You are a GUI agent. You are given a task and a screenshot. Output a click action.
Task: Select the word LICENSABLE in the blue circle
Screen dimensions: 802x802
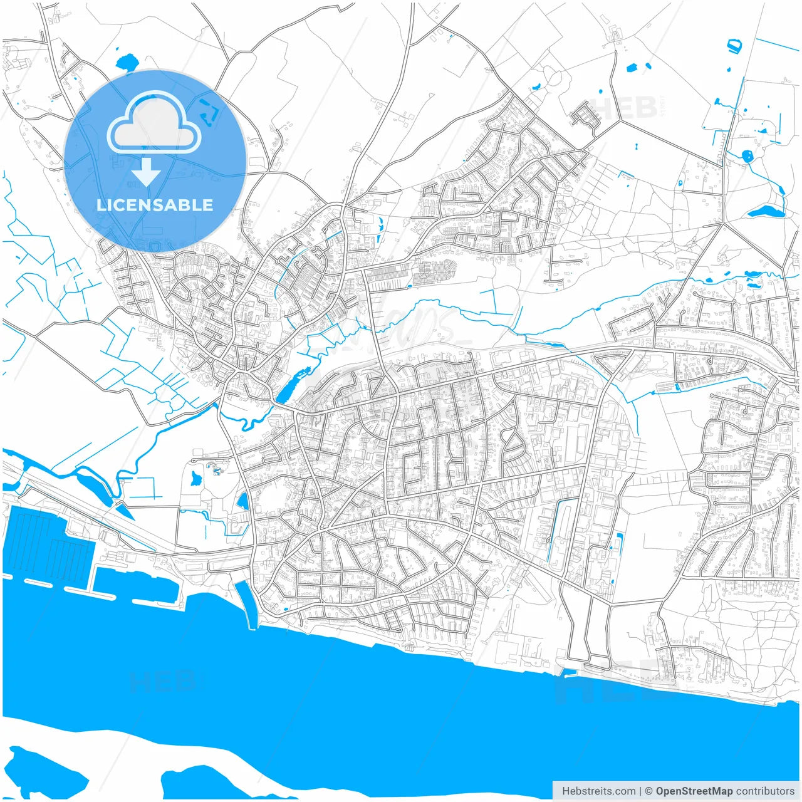point(155,205)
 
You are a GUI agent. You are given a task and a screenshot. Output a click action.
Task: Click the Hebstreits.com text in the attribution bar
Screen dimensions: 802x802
point(598,791)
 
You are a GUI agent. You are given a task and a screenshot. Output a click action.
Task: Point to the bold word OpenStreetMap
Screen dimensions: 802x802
point(694,791)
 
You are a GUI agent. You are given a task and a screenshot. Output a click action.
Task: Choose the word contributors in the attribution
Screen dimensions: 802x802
point(765,791)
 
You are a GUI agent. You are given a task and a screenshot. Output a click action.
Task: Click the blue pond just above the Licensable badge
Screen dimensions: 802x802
point(127,63)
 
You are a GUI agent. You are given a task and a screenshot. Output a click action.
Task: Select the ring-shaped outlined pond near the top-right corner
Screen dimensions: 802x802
point(733,46)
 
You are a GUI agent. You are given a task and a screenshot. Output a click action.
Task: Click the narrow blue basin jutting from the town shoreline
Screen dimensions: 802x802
point(246,601)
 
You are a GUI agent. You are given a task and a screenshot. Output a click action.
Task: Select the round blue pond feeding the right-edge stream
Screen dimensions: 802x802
point(747,156)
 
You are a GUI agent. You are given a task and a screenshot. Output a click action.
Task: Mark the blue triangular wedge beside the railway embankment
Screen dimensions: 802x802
point(123,511)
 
